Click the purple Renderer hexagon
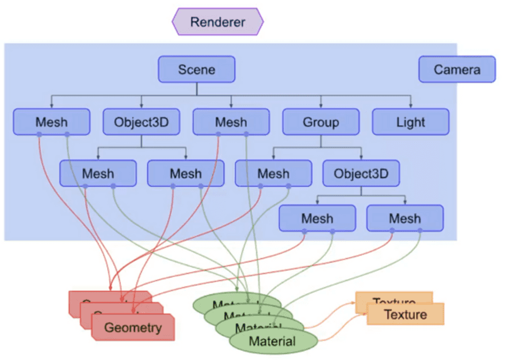(217, 22)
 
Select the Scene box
(197, 70)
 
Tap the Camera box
(457, 70)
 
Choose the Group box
(321, 122)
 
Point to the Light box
(410, 122)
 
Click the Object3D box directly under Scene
(141, 122)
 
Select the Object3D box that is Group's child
(361, 173)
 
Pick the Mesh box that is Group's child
(273, 173)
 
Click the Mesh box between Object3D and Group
(231, 122)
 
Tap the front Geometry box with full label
(133, 327)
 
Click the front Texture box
(406, 314)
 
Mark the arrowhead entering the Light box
(410, 106)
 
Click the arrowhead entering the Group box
(321, 106)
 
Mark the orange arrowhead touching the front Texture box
(365, 315)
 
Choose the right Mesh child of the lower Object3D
(405, 218)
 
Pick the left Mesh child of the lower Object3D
(317, 218)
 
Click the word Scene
(197, 70)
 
